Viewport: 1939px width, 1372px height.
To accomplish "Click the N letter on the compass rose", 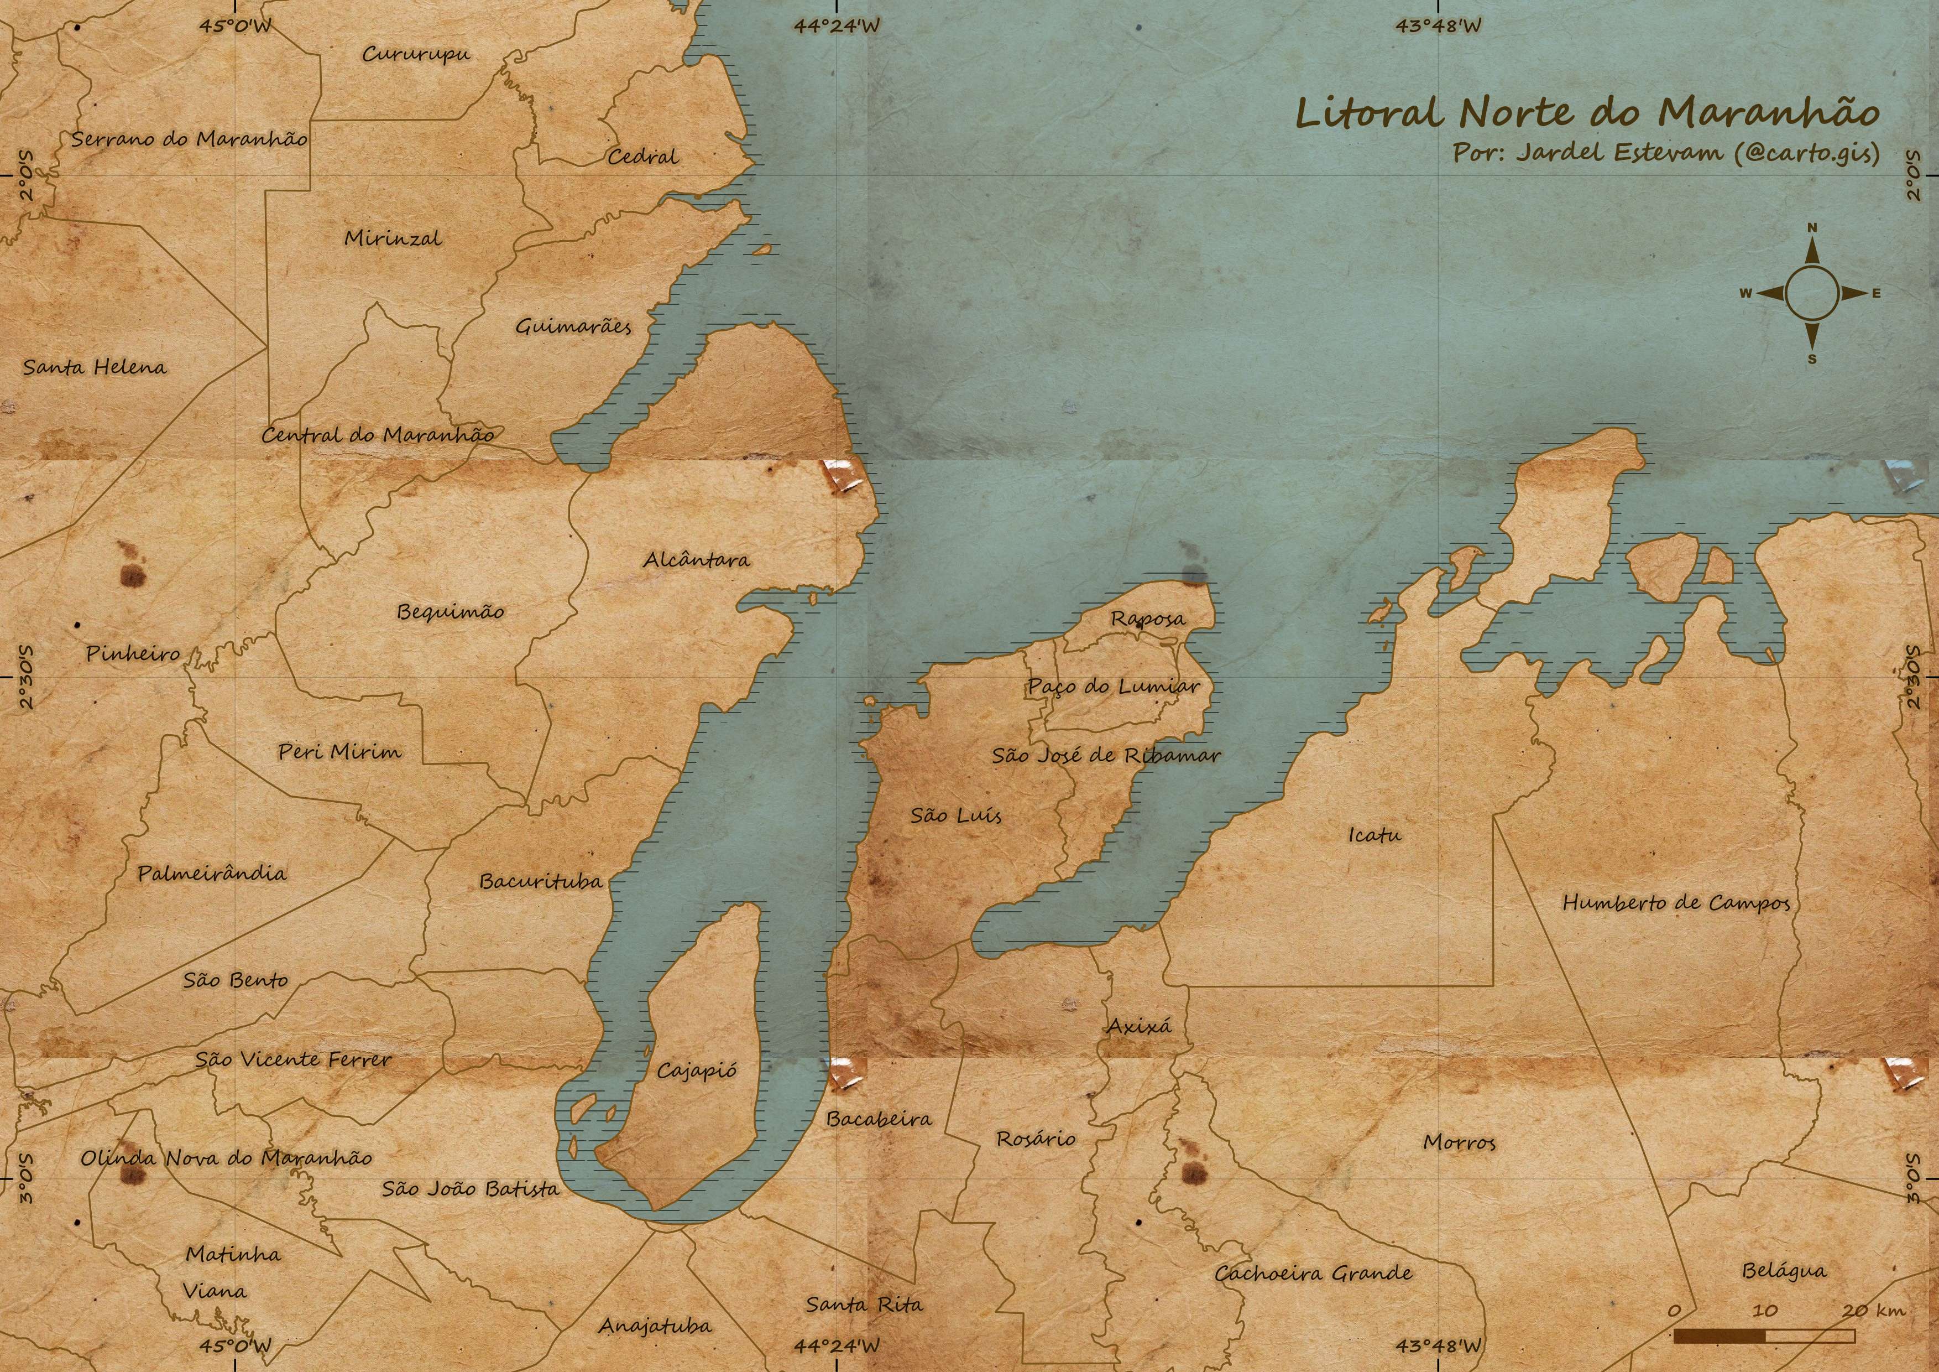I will [x=1811, y=228].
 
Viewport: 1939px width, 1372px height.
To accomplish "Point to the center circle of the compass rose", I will [x=1811, y=293].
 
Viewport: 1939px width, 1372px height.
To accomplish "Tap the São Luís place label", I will [x=956, y=815].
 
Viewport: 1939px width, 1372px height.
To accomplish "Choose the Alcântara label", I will [x=696, y=559].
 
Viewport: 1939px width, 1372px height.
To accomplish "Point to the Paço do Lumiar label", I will [x=1113, y=686].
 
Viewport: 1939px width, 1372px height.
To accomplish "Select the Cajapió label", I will [x=697, y=1071].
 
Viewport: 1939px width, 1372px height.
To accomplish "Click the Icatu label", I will [x=1374, y=835].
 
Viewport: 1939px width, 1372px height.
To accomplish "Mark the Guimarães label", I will [x=573, y=326].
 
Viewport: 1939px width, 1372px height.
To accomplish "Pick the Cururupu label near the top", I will [x=416, y=54].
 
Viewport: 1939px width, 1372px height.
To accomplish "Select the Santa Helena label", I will [x=95, y=367].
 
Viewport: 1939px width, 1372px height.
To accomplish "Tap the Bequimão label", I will [x=450, y=612].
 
